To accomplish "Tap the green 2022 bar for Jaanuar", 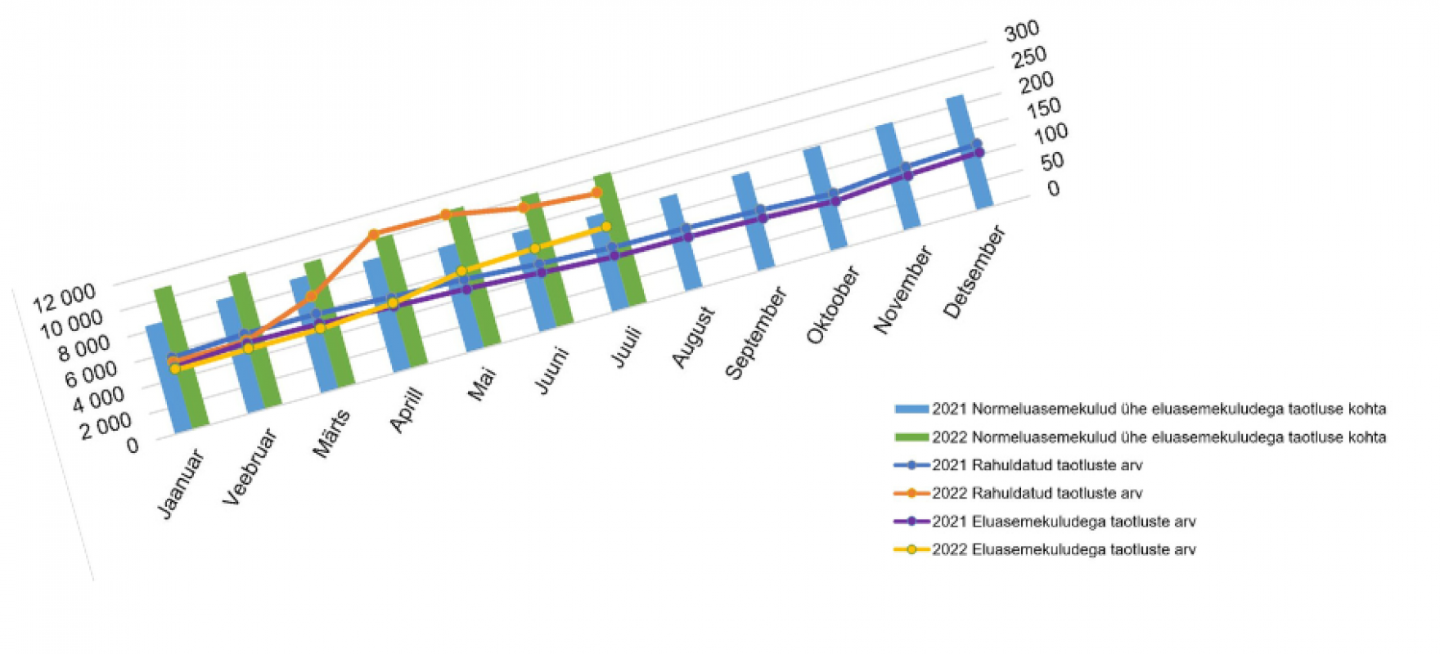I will pos(182,360).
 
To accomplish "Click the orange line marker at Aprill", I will pos(373,235).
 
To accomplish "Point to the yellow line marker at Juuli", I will pos(606,226).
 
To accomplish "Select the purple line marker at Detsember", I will pos(979,153).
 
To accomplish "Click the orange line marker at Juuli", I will pos(597,193).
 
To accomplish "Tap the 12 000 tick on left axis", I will pos(64,299).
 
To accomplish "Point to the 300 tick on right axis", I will pos(1022,31).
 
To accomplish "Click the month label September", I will pos(756,333).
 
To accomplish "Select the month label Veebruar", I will pos(250,467).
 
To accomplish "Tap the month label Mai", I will pos(482,383).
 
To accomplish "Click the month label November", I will pos(903,289).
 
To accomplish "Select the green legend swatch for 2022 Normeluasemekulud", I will pos(911,437).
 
